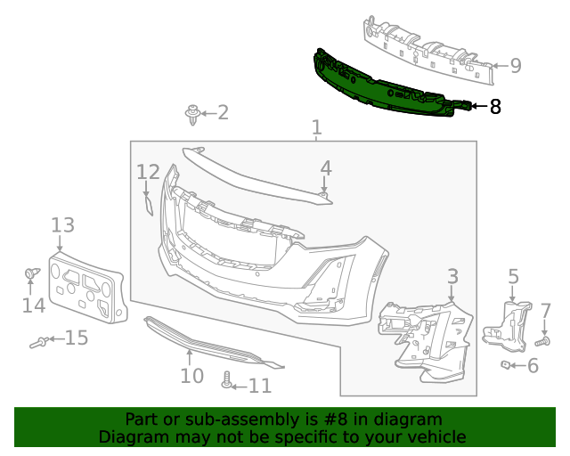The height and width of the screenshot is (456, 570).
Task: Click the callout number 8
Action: (x=495, y=107)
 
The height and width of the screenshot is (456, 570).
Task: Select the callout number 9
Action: (x=515, y=66)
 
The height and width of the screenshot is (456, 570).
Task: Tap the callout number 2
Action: (x=222, y=112)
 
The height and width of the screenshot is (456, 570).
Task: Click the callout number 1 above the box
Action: (x=316, y=129)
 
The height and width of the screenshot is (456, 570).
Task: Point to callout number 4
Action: (x=326, y=167)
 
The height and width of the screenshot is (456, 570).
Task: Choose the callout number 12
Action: (x=148, y=171)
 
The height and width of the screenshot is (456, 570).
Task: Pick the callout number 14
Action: (x=34, y=305)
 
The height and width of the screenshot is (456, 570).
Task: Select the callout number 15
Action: (x=77, y=338)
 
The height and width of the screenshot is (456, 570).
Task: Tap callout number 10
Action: (x=191, y=375)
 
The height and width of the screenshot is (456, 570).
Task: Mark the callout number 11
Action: (x=259, y=386)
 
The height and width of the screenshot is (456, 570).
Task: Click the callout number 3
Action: (x=452, y=276)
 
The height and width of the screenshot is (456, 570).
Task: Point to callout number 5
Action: (x=513, y=276)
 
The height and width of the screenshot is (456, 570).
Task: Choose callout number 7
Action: (x=546, y=311)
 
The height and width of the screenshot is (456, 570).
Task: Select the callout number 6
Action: (x=533, y=365)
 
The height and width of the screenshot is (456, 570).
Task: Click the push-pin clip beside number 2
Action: (x=191, y=113)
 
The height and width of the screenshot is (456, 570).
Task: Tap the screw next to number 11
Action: (x=228, y=380)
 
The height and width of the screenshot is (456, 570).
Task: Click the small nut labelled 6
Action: (x=504, y=364)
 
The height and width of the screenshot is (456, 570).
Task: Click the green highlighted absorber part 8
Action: (x=383, y=86)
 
